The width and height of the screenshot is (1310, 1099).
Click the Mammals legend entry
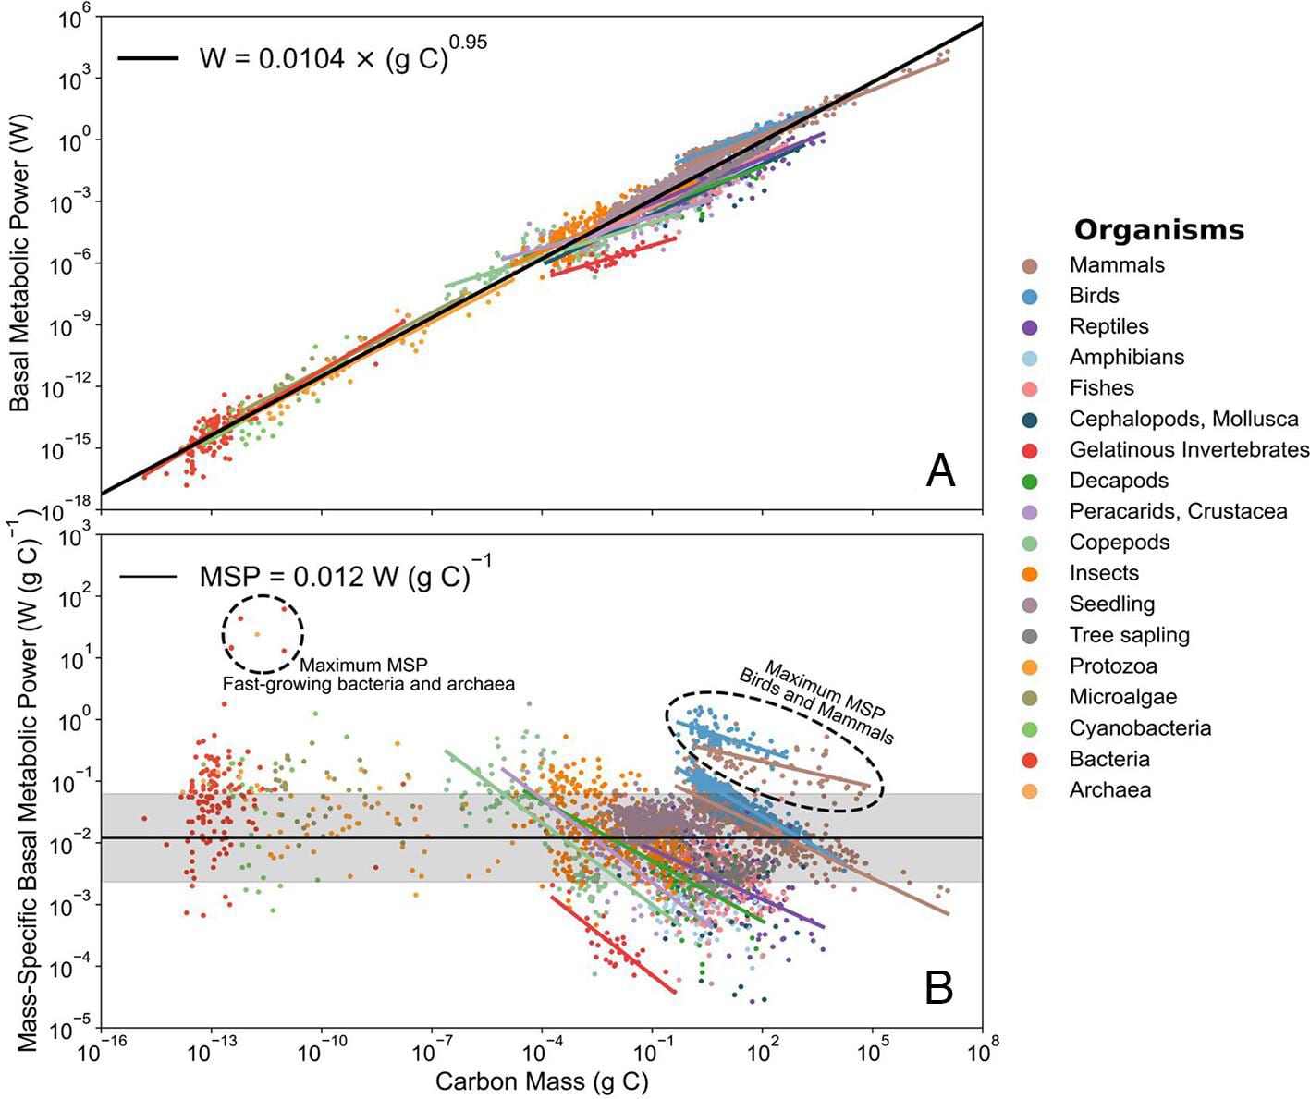tap(1116, 265)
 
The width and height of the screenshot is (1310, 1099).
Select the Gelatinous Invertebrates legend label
tap(1189, 450)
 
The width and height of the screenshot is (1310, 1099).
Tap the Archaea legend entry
tap(1109, 790)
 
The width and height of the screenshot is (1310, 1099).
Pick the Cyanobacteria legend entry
tap(1140, 728)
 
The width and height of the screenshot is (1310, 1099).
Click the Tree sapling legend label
tap(1129, 635)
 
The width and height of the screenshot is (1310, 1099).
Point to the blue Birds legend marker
tap(1030, 297)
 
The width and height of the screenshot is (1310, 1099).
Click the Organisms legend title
tap(1159, 229)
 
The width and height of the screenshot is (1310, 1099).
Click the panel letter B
tap(939, 987)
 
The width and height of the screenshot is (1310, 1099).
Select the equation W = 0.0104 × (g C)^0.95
tap(342, 57)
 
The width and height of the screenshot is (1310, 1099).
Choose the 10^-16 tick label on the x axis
tap(102, 1052)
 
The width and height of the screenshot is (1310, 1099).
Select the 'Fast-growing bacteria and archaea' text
tap(368, 684)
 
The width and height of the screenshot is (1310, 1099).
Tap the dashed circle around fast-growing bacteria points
tap(263, 633)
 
